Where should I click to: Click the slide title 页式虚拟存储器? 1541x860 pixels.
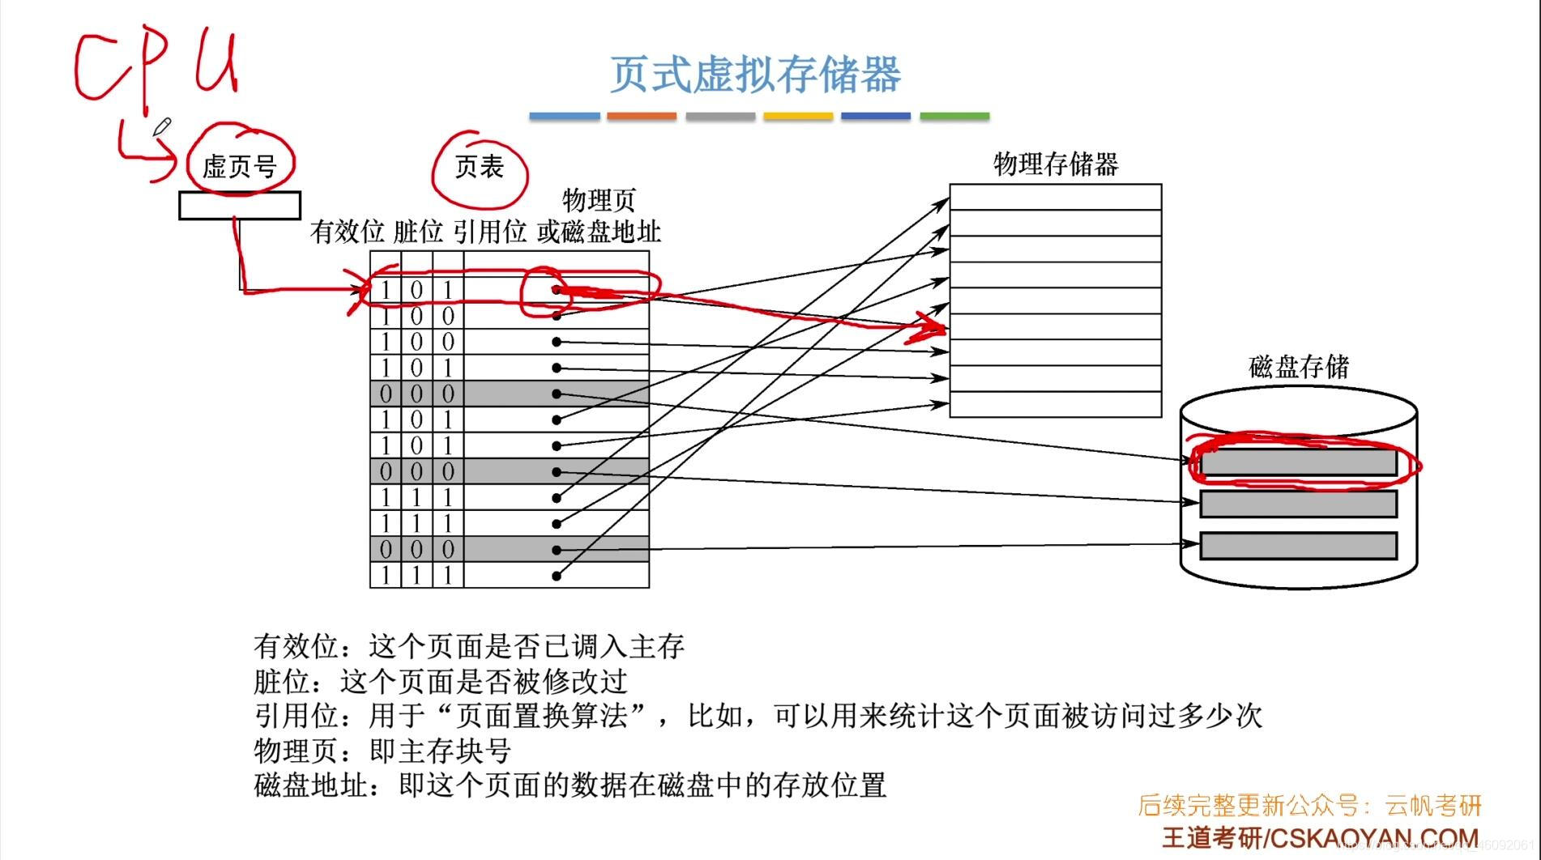[x=754, y=75]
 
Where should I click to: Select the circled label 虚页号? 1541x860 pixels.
[x=239, y=166]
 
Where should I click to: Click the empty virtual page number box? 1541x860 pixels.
[x=240, y=206]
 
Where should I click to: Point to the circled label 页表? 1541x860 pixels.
[x=479, y=167]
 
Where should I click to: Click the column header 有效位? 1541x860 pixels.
[x=347, y=232]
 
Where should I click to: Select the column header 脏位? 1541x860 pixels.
[x=418, y=232]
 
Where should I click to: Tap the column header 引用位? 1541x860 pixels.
[x=489, y=232]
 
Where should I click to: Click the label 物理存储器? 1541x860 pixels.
[x=1056, y=164]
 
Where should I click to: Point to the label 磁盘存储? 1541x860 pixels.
[x=1299, y=367]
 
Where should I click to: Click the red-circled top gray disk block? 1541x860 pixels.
[x=1298, y=462]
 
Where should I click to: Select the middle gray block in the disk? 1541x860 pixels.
[x=1298, y=504]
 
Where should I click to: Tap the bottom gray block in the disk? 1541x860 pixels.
[x=1298, y=545]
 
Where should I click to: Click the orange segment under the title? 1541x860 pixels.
[x=642, y=117]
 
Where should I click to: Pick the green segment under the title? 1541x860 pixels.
[x=954, y=117]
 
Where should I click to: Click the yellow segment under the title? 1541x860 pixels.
[x=798, y=117]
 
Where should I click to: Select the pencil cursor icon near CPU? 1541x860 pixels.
[x=161, y=127]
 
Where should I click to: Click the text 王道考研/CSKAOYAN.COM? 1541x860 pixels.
[x=1321, y=837]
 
